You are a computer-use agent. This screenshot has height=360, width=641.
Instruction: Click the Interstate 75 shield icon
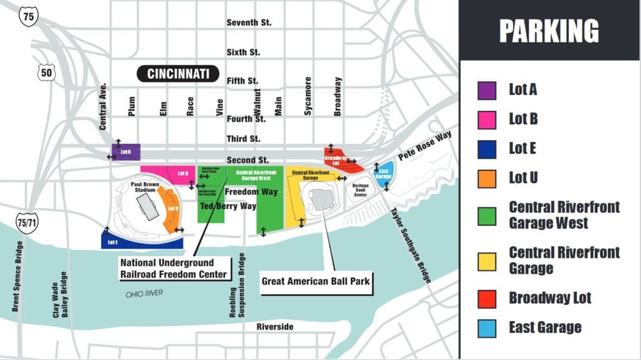coord(28,16)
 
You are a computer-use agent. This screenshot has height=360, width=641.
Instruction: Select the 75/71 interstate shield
coord(27,223)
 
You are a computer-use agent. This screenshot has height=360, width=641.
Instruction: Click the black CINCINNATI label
coord(177,74)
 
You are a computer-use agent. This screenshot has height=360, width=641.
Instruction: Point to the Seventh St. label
coord(249,23)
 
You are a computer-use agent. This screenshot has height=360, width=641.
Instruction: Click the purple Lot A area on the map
coord(126,152)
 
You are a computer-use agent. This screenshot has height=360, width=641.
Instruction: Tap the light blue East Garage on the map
coord(384,173)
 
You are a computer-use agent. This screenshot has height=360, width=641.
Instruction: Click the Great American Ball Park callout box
coord(316,281)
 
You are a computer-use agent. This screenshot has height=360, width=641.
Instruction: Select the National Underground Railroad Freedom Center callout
coord(173,268)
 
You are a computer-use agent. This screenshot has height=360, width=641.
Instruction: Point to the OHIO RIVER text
coord(144,294)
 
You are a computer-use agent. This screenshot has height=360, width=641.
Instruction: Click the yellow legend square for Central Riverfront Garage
coord(487,261)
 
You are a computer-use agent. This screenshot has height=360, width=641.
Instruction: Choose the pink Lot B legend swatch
coord(487,120)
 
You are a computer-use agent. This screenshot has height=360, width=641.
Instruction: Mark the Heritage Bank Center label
coord(360,190)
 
